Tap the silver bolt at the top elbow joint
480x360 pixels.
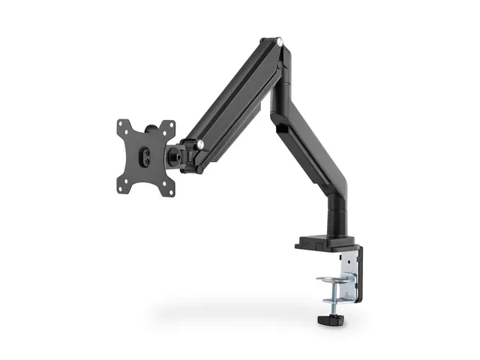coord(279,42)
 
